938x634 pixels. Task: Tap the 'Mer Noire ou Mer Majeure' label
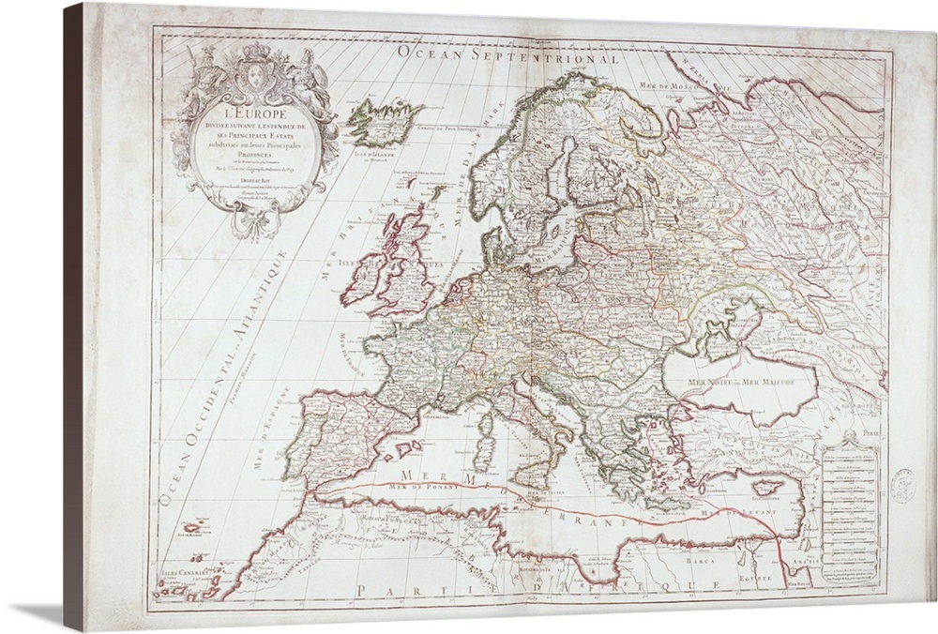click(740, 383)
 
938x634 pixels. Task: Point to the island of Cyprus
click(766, 489)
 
